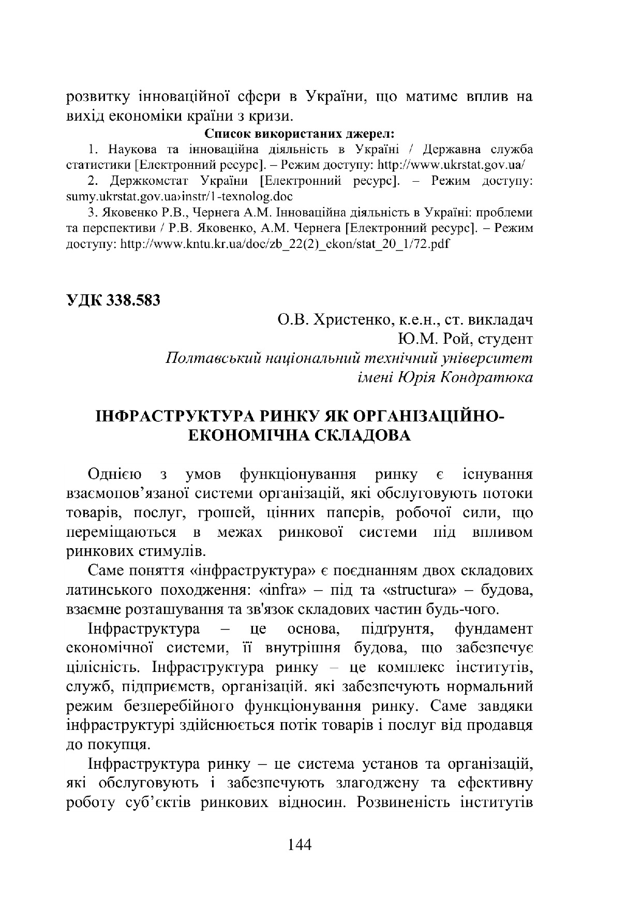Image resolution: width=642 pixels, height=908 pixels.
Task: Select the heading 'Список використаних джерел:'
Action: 300,134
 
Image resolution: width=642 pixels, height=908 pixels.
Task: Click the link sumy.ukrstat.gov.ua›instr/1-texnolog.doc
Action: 180,197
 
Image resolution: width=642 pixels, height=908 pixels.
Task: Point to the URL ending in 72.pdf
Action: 285,244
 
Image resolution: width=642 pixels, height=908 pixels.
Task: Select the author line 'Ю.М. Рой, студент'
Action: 465,339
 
